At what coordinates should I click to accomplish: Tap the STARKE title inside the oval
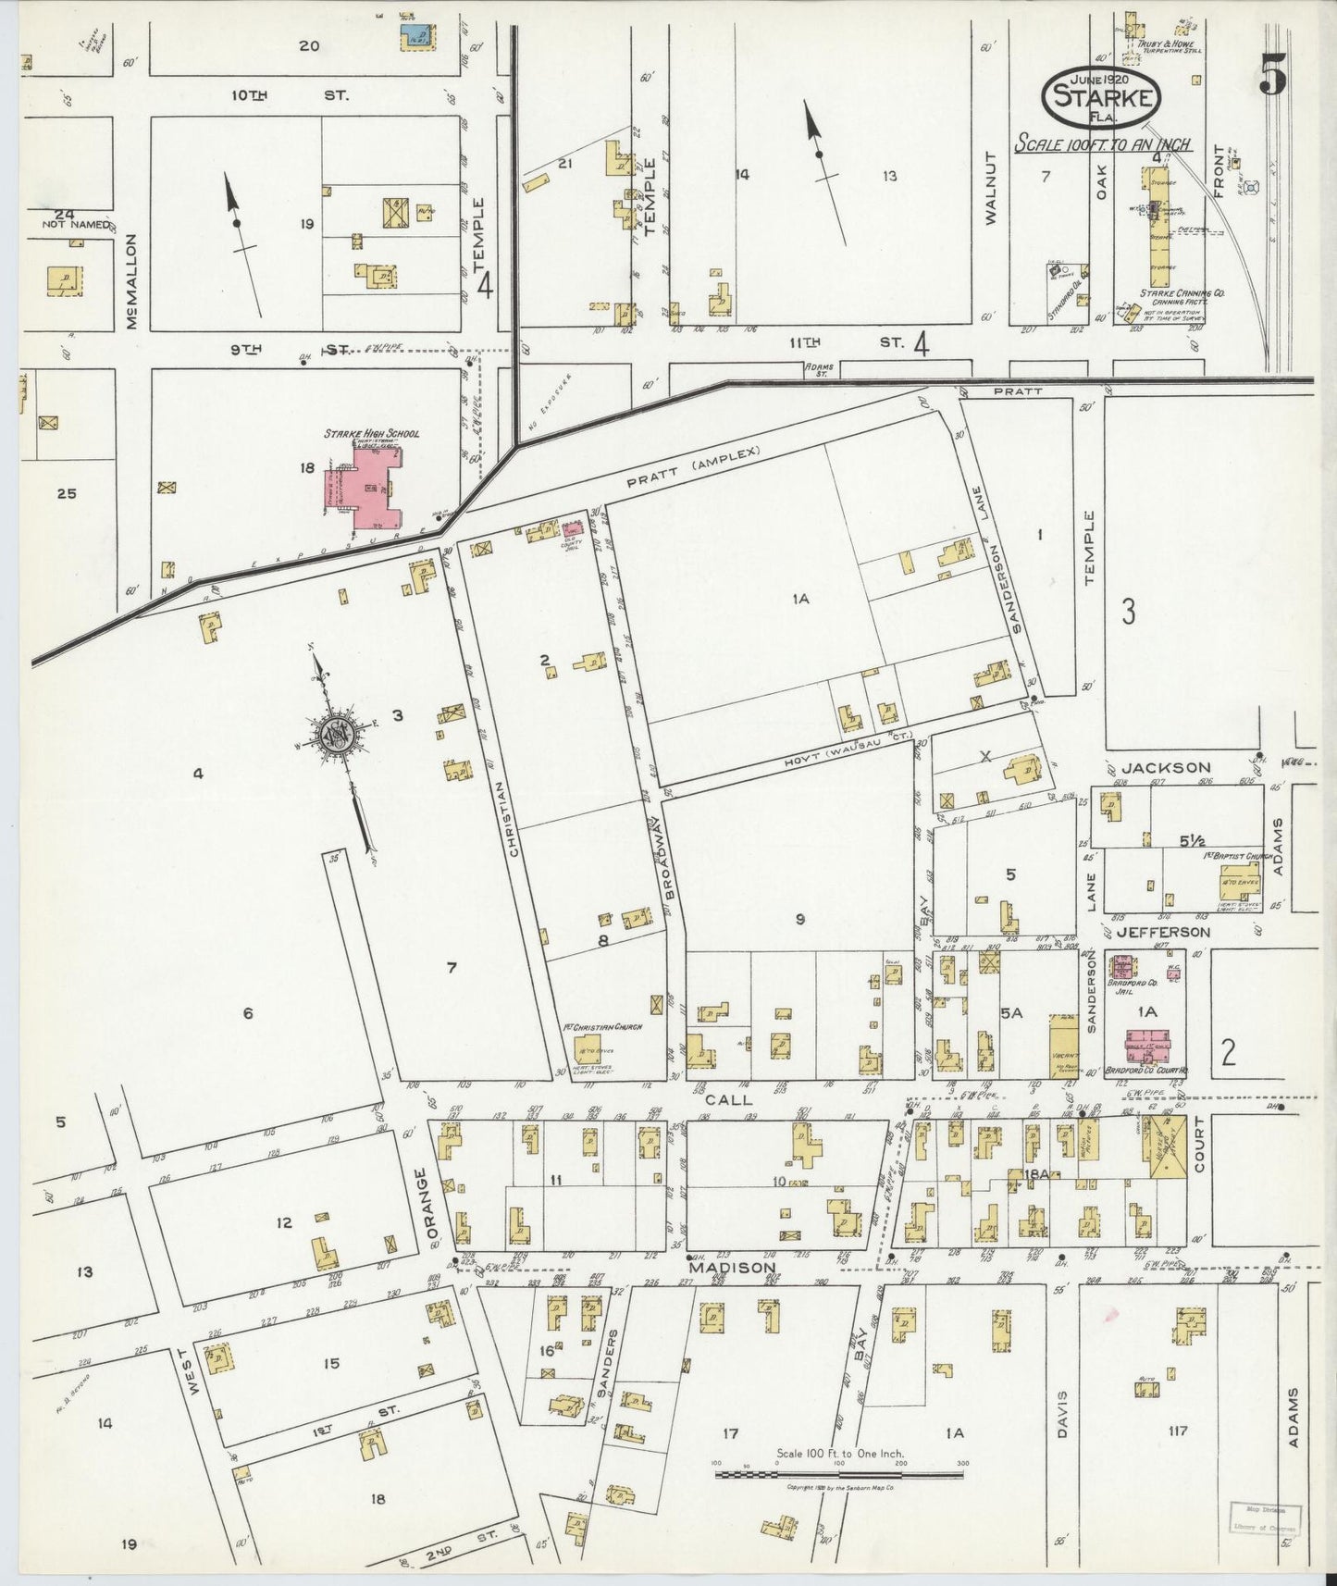[x=1100, y=97]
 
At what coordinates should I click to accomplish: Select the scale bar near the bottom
[x=838, y=1471]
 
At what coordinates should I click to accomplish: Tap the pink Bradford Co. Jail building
[x=1122, y=968]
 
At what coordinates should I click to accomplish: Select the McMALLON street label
[x=132, y=281]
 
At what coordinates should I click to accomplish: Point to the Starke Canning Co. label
[x=1182, y=292]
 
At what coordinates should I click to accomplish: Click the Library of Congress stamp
[x=1263, y=1518]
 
